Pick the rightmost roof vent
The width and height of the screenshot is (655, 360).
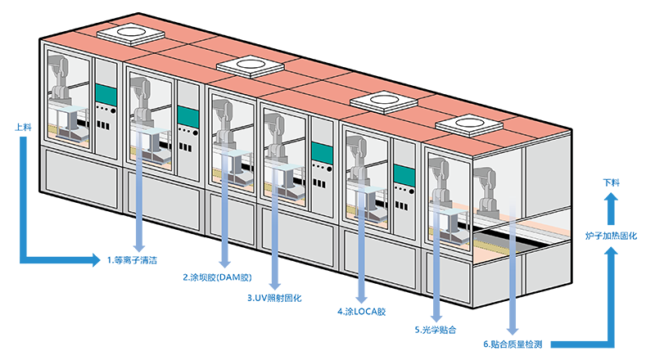point(469,124)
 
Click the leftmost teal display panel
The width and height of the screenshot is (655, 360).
point(105,92)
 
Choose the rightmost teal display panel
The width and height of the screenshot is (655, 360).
point(403,175)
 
